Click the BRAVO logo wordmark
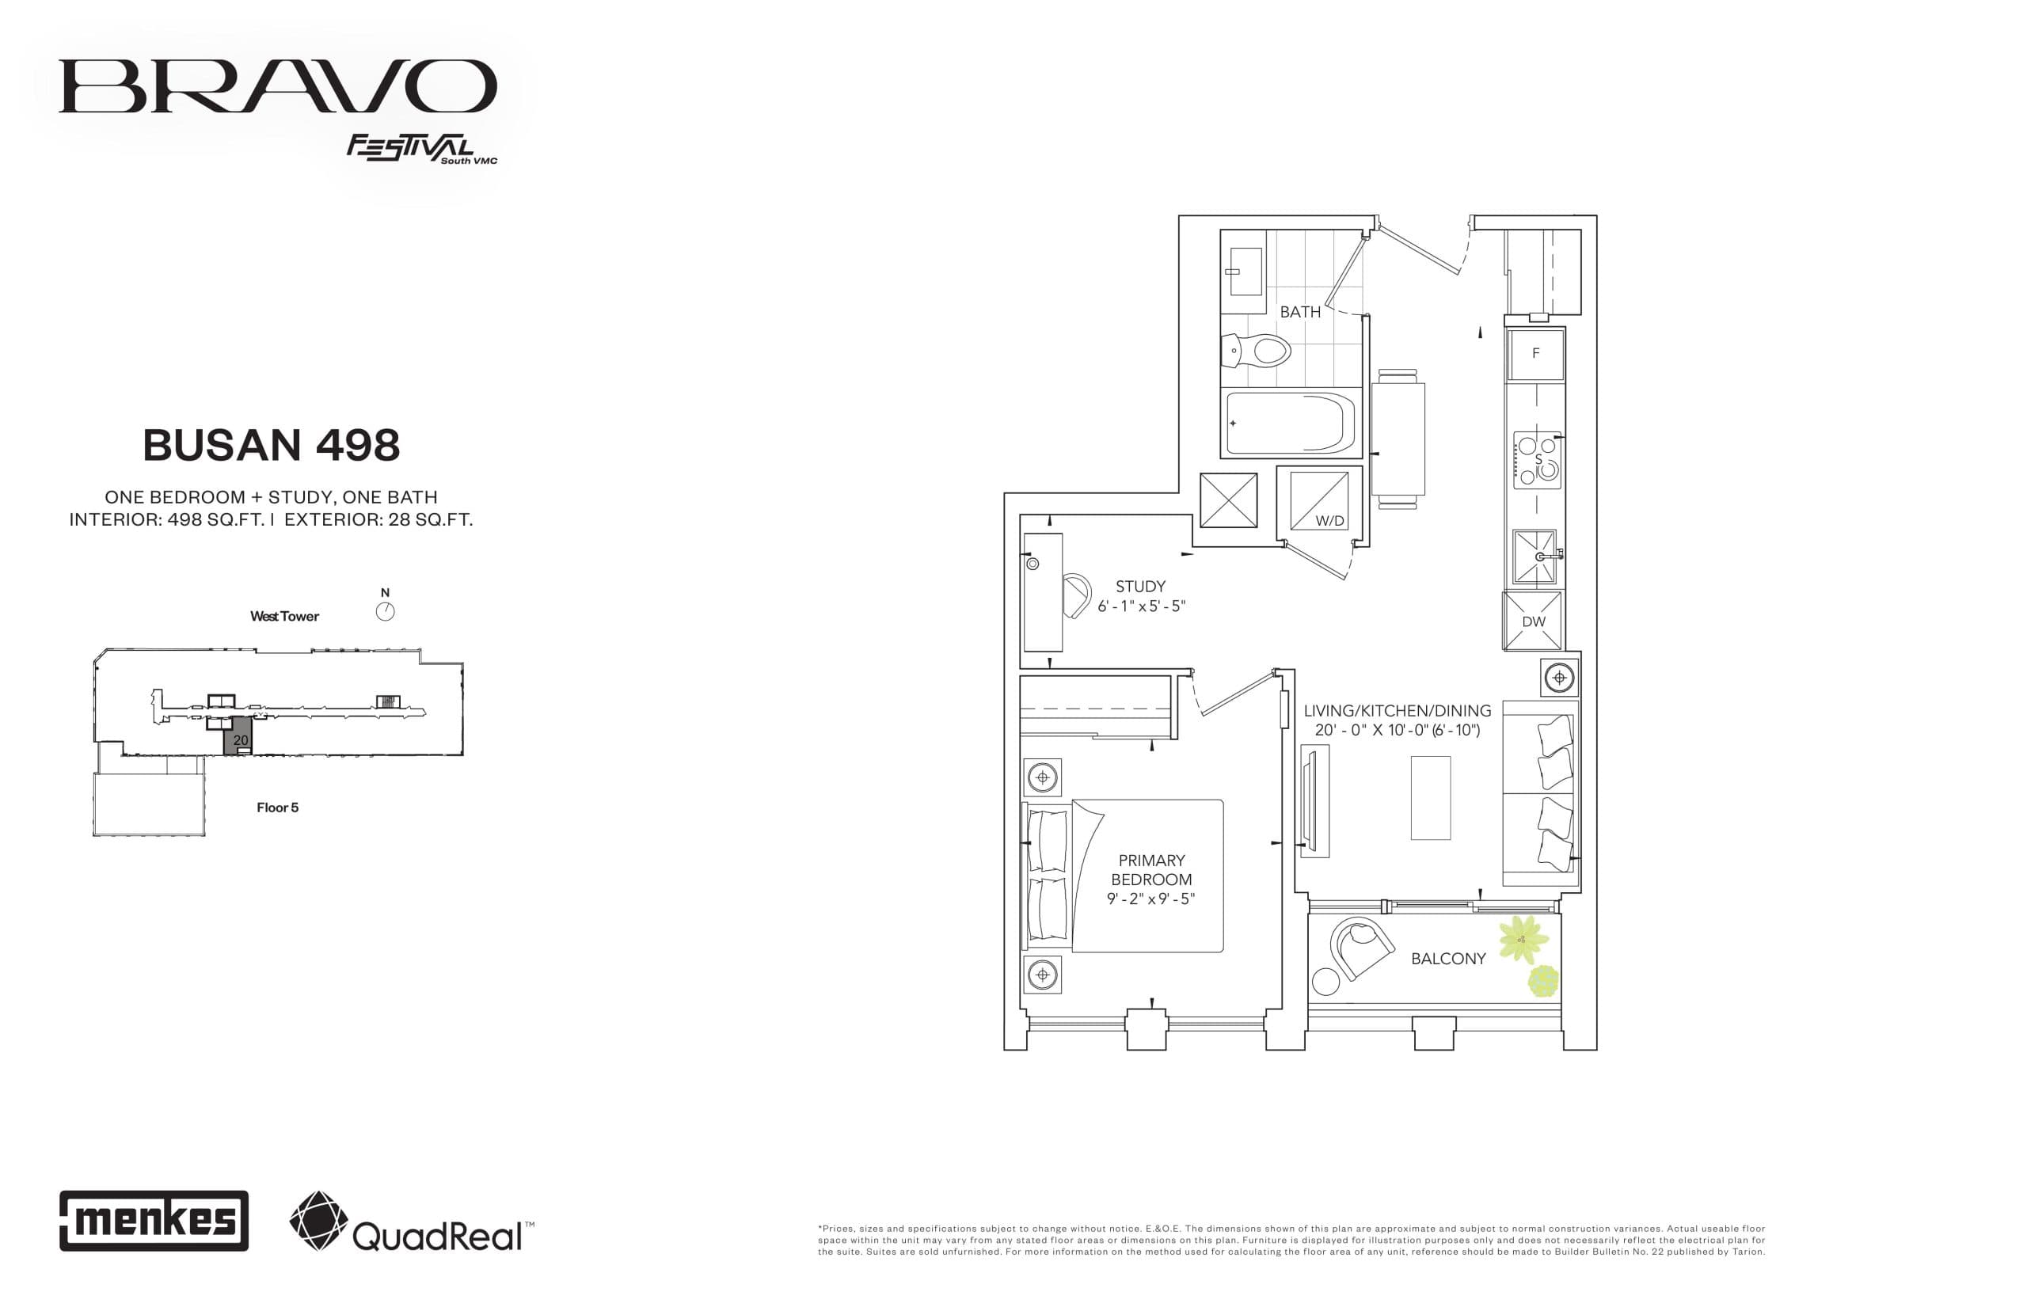[276, 86]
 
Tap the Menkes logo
[154, 1220]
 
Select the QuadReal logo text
[435, 1235]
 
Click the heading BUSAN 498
[271, 445]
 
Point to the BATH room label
[1300, 312]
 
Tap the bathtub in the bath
[1290, 423]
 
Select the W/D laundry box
[1318, 500]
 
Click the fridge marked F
[1535, 353]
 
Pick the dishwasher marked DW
[1532, 621]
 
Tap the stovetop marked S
[1537, 461]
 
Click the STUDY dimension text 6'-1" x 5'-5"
[1141, 606]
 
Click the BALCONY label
[1447, 959]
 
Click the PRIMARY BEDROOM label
[1151, 869]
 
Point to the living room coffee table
[1429, 798]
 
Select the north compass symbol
[385, 610]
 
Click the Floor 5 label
[278, 807]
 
